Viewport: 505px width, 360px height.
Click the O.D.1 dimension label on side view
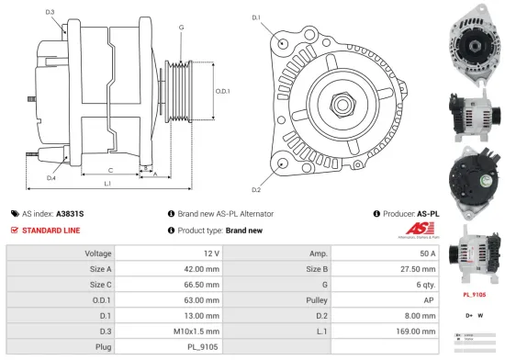pos(222,91)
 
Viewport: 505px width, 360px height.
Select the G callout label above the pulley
pos(182,28)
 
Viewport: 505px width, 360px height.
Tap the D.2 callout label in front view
pos(255,190)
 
